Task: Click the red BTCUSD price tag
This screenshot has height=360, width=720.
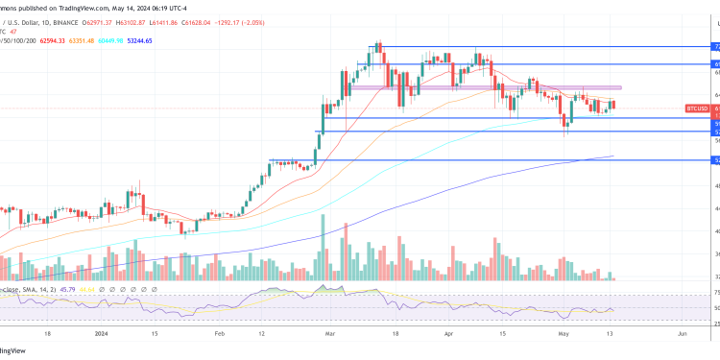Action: tap(697, 109)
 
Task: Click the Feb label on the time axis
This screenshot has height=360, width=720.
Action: tap(219, 335)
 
